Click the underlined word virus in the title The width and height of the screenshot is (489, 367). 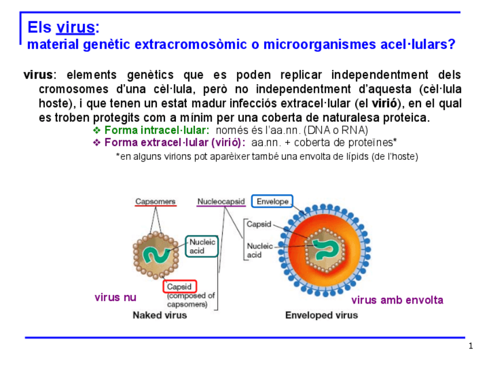tap(75, 27)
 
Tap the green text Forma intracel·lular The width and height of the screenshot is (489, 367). tap(156, 130)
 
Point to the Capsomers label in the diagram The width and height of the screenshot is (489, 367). tap(155, 202)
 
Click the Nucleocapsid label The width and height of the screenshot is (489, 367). tap(221, 202)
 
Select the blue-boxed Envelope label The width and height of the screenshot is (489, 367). tap(272, 202)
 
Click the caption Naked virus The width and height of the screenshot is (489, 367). tap(160, 315)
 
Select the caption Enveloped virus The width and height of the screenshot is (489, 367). tap(321, 315)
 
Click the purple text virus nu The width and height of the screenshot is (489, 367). tap(115, 298)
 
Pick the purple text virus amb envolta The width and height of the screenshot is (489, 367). tap(397, 300)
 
